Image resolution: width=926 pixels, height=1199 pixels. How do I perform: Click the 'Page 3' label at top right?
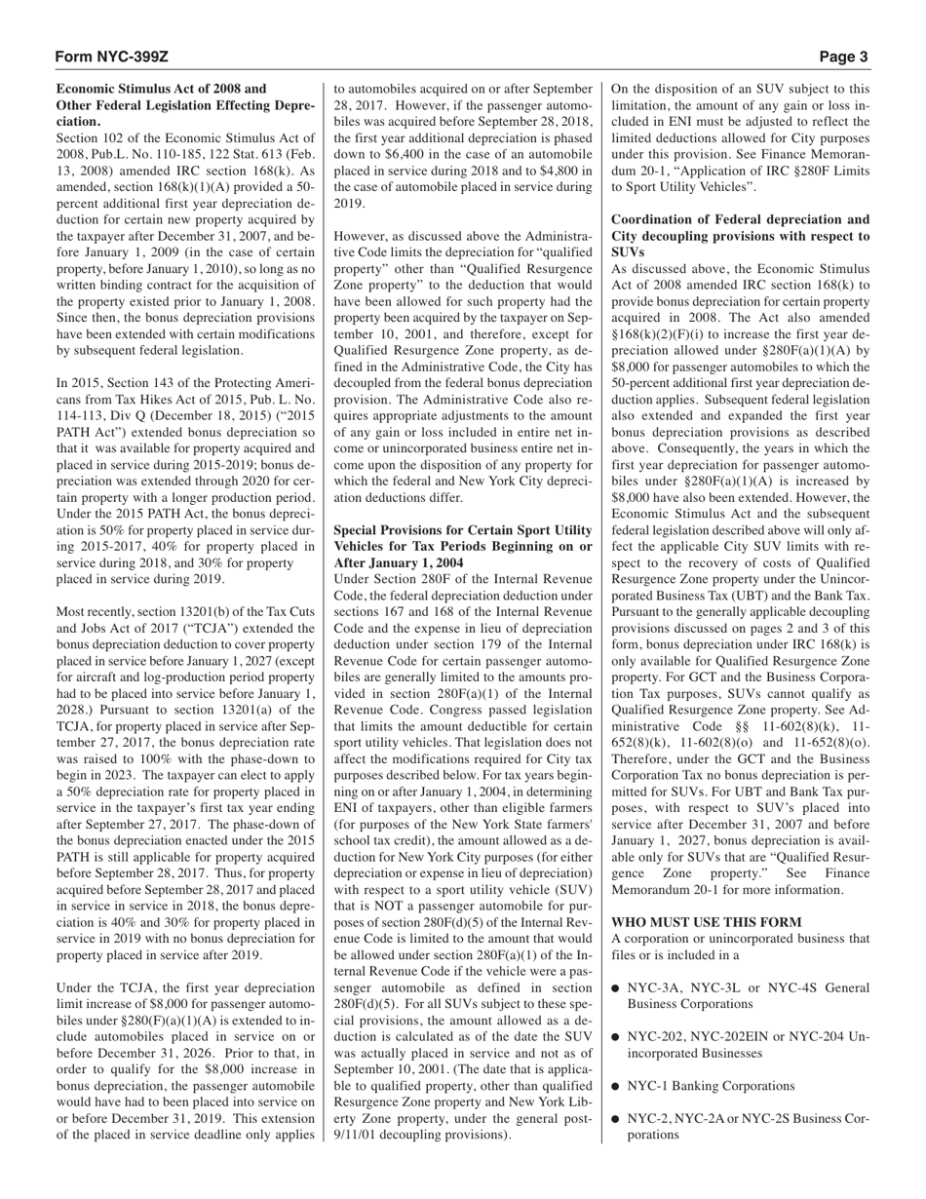(x=843, y=58)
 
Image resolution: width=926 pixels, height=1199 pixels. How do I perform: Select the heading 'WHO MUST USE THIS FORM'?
(x=707, y=922)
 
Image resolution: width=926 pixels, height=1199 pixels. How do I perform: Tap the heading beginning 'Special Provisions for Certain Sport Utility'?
(x=463, y=546)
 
